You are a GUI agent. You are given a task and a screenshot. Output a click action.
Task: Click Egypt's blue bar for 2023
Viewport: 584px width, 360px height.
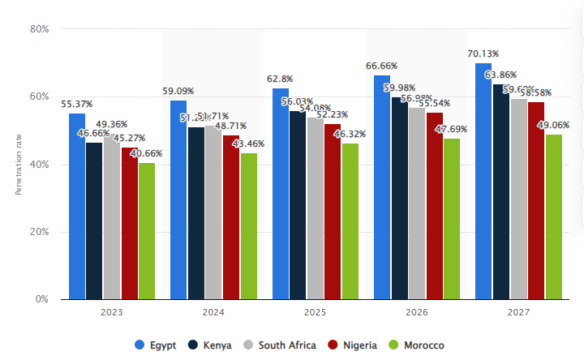(77, 206)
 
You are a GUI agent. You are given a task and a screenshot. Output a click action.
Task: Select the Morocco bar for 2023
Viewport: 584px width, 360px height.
(146, 231)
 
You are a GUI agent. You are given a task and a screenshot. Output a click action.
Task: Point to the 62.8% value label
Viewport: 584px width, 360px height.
(281, 79)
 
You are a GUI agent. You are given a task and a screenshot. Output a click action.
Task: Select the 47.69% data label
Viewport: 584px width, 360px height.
(451, 129)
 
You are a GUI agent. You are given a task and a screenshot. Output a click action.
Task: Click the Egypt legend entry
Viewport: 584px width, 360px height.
(157, 345)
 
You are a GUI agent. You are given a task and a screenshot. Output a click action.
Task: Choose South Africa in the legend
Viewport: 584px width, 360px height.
(282, 345)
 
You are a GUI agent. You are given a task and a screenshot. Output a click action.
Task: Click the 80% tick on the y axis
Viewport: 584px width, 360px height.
(39, 29)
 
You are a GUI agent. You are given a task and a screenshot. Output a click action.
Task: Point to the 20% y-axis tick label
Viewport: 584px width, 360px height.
(39, 232)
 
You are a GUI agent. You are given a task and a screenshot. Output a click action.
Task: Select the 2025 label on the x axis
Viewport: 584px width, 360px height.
(315, 311)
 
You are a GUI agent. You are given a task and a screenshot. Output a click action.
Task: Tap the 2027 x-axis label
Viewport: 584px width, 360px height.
(518, 311)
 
